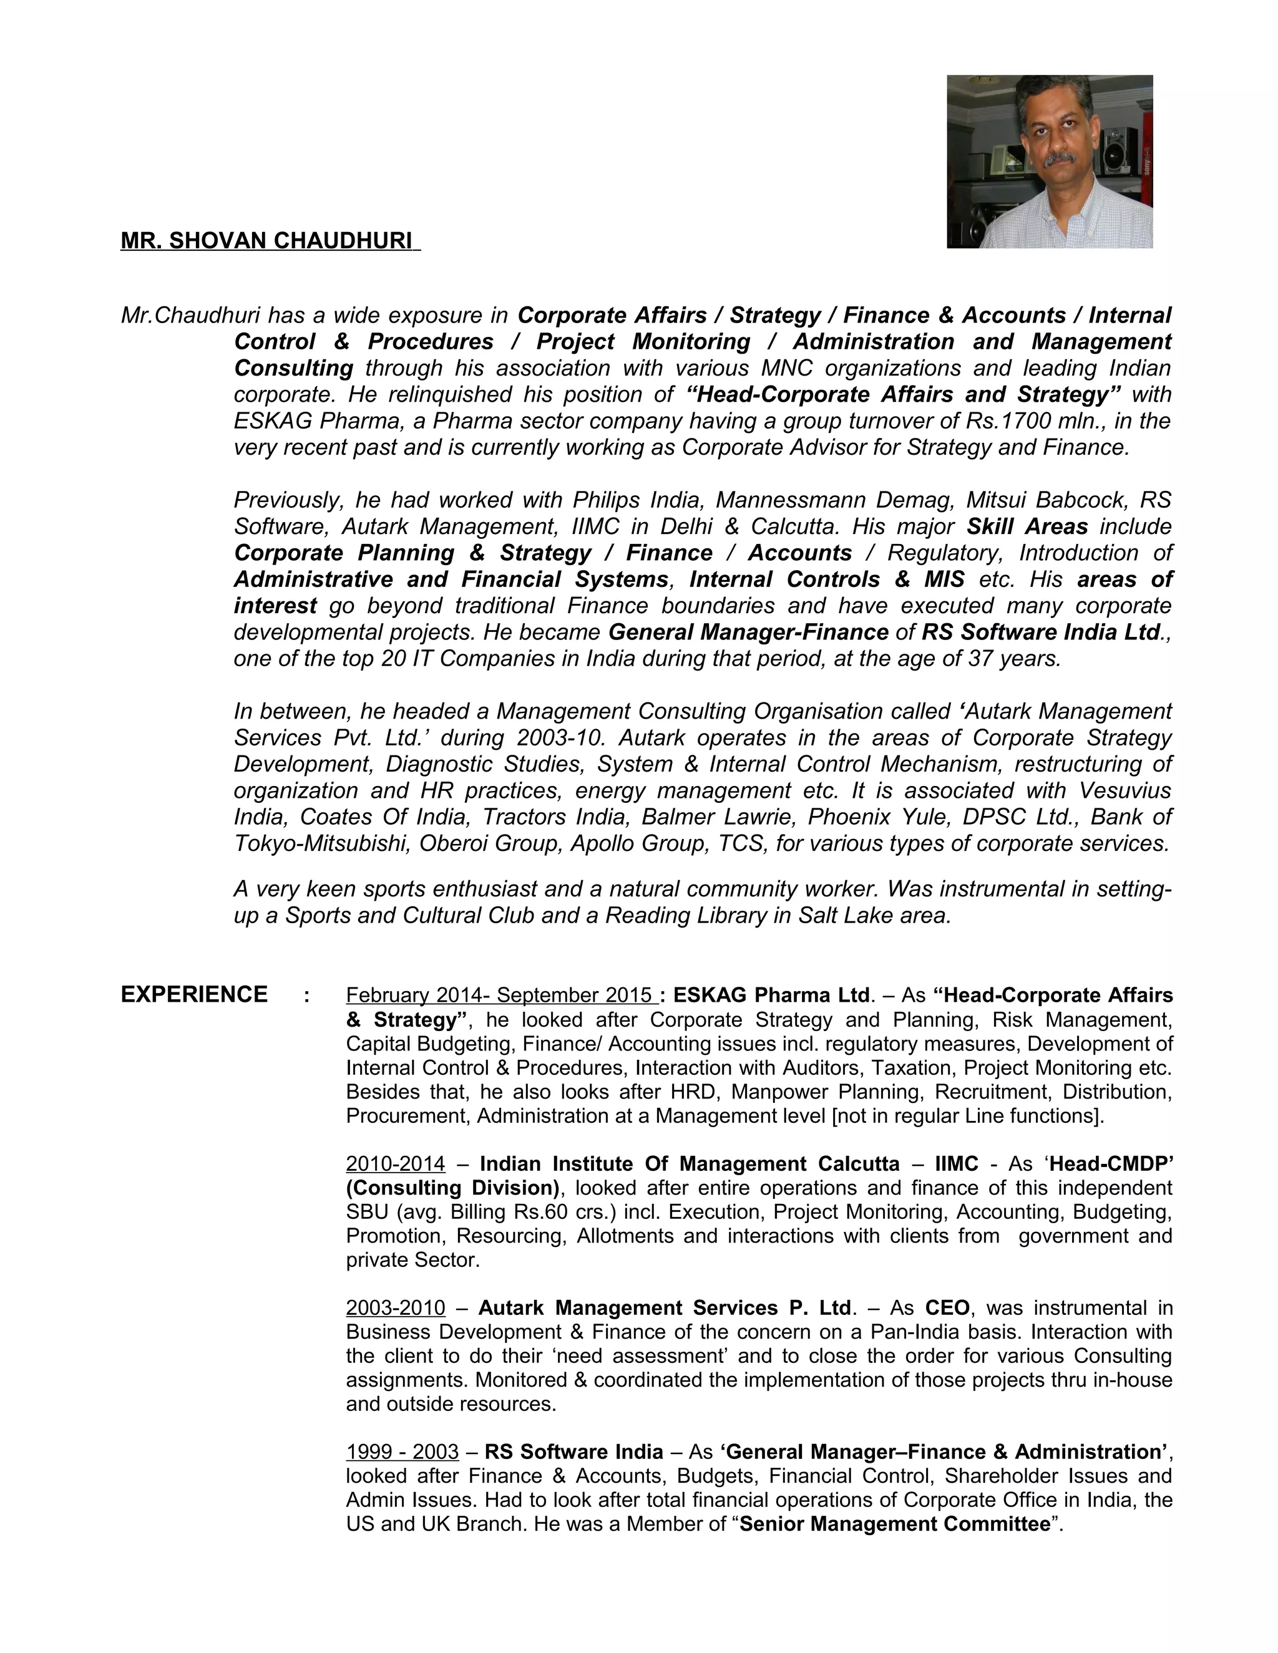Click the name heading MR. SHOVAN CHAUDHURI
coord(269,241)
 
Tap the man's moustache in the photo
coord(1058,159)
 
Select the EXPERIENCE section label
coord(194,994)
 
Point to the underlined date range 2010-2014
coord(395,1163)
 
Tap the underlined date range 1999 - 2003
coord(402,1451)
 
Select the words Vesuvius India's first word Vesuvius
coord(1124,790)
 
